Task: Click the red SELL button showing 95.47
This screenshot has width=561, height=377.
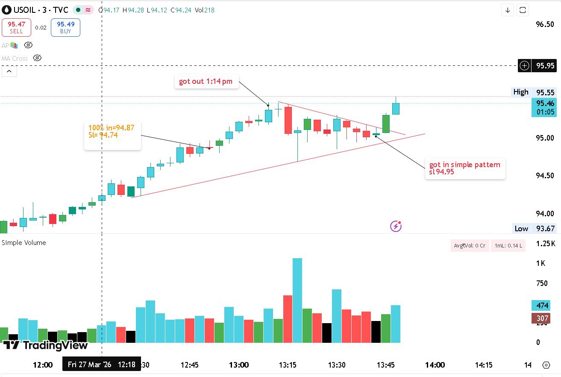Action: tap(16, 27)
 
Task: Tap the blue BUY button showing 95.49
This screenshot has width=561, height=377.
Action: tap(65, 27)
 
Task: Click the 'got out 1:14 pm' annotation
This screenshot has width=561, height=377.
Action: tap(206, 82)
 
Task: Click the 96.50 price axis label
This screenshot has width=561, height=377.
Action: tap(545, 24)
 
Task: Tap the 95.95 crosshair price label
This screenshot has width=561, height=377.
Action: tap(545, 66)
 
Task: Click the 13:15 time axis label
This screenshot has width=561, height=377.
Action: tap(288, 365)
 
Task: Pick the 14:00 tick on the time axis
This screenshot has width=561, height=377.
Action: tap(435, 365)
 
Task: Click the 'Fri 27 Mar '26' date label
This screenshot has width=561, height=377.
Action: tap(89, 365)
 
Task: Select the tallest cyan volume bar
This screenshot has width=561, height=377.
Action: tap(297, 300)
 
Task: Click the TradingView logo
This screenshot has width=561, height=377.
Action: tap(45, 345)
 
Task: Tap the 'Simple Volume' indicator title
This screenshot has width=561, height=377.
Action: tap(24, 243)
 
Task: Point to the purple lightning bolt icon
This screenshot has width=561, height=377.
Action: tap(396, 226)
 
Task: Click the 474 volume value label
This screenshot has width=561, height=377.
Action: tap(542, 306)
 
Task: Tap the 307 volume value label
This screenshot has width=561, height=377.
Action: tap(542, 318)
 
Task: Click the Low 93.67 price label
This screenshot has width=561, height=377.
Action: tap(535, 229)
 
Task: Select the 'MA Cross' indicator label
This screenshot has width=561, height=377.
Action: tap(15, 59)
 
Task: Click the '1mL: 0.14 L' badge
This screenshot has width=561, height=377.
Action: tap(508, 245)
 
